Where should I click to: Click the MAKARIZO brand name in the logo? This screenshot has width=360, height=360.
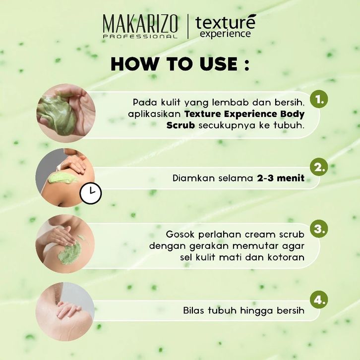(x=140, y=24)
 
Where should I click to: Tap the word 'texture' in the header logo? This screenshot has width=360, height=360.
(x=225, y=22)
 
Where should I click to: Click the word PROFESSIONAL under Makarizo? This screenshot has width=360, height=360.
(x=140, y=36)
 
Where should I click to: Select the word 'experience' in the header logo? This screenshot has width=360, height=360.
(x=225, y=34)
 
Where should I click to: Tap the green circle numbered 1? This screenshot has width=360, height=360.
(x=319, y=99)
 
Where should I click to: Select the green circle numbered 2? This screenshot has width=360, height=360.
(x=319, y=167)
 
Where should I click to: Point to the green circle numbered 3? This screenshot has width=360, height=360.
(x=319, y=229)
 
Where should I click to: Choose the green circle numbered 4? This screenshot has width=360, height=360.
(x=319, y=300)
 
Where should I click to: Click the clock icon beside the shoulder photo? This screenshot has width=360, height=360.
(x=91, y=193)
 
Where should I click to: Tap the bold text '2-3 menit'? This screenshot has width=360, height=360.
(x=281, y=178)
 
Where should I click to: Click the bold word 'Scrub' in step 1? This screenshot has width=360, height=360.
(x=180, y=125)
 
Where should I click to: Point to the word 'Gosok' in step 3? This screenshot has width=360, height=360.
(x=180, y=235)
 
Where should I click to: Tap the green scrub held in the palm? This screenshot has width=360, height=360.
(x=58, y=115)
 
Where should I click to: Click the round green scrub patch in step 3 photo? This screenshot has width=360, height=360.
(x=69, y=252)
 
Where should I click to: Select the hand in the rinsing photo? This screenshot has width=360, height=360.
(x=68, y=309)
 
